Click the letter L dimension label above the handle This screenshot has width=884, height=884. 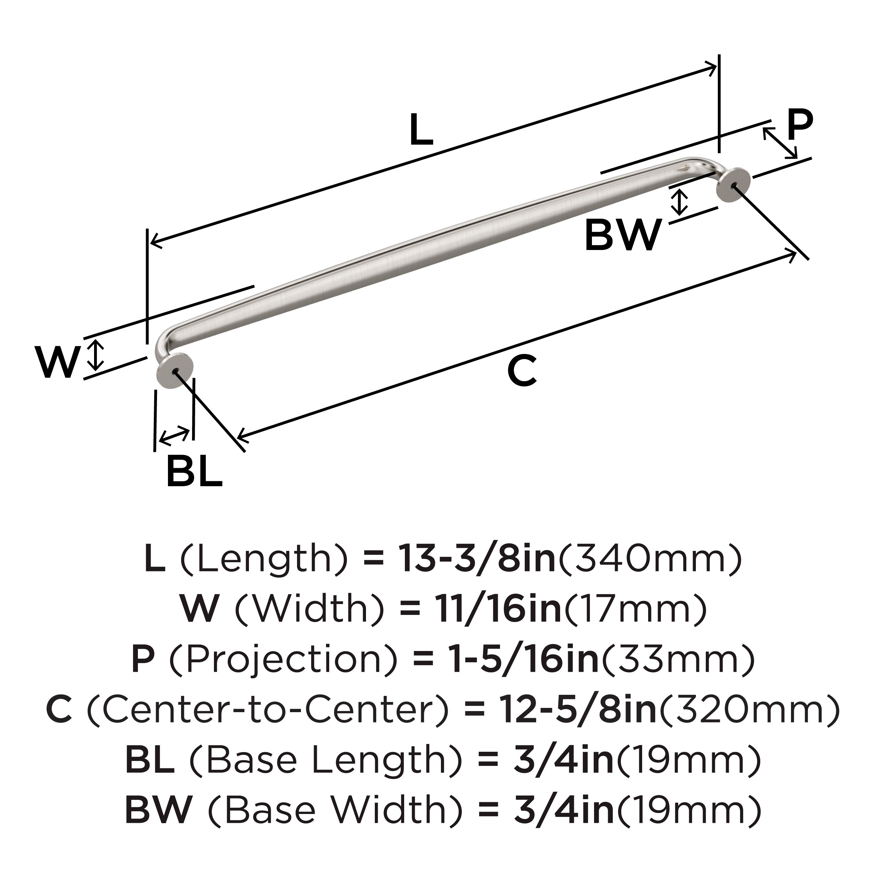pyautogui.click(x=421, y=130)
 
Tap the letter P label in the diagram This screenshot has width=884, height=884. pyautogui.click(x=799, y=125)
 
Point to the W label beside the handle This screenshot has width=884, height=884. pyautogui.click(x=57, y=362)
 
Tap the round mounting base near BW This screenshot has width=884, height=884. pyautogui.click(x=733, y=184)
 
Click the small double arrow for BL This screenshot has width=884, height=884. pyautogui.click(x=174, y=435)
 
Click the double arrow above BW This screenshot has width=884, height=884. pyautogui.click(x=680, y=202)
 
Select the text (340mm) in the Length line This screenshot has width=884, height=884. pyautogui.click(x=650, y=559)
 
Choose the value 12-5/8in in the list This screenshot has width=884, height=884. pyautogui.click(x=578, y=710)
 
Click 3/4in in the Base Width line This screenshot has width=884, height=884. pyautogui.click(x=564, y=810)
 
